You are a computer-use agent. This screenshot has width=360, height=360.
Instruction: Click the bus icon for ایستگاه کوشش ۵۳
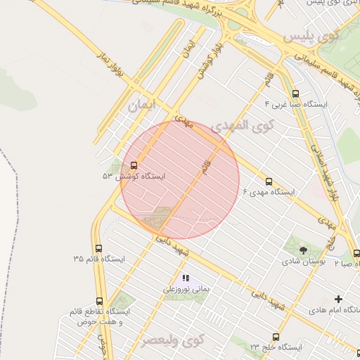[x=134, y=165]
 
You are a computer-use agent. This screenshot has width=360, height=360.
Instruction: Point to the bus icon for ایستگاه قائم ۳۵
[x=98, y=248]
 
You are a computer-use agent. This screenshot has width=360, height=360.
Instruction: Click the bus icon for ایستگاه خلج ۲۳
[x=275, y=337]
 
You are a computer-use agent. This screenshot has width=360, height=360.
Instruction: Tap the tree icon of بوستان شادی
[x=303, y=250]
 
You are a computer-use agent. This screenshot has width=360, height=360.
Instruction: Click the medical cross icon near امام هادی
[x=338, y=299]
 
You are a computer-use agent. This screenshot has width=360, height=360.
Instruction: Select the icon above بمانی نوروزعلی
[x=186, y=278]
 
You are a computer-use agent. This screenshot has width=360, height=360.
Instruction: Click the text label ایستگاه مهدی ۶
[x=269, y=192]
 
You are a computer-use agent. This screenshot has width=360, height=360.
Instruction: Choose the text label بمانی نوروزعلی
[x=186, y=288]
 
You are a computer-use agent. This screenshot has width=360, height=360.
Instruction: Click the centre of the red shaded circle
[x=180, y=179]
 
